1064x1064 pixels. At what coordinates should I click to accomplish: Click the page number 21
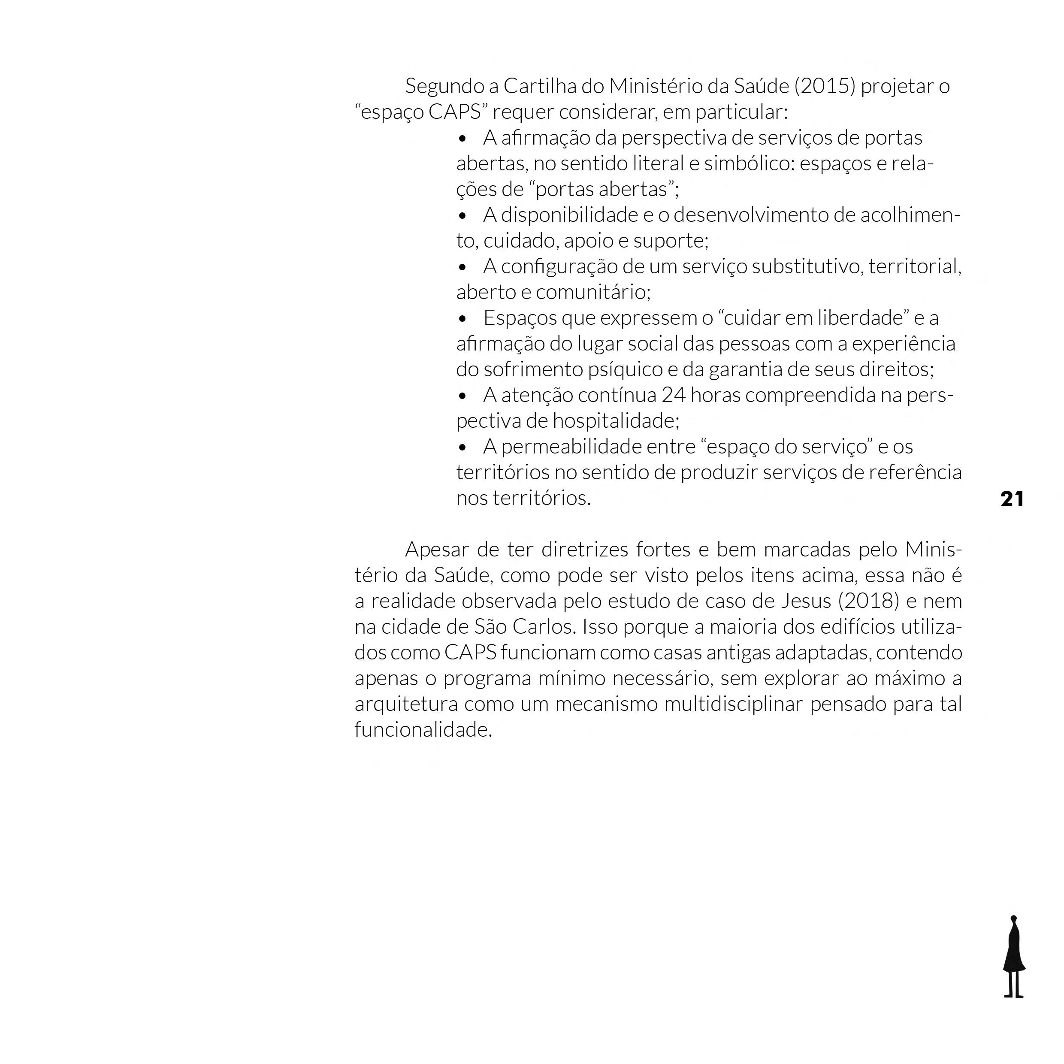click(1012, 499)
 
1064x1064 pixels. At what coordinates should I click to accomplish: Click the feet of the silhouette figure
click(1013, 995)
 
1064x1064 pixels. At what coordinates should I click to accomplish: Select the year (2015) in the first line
click(825, 87)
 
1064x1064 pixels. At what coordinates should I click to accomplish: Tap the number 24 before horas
click(673, 396)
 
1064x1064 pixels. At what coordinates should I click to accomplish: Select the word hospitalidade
click(616, 421)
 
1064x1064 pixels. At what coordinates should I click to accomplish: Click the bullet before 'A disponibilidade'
click(462, 216)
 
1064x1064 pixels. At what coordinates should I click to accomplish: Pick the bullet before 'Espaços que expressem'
click(462, 319)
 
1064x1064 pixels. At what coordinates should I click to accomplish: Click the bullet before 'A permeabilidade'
click(462, 447)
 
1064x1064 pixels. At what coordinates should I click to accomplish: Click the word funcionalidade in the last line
click(423, 730)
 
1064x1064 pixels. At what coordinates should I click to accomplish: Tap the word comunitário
click(592, 293)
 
